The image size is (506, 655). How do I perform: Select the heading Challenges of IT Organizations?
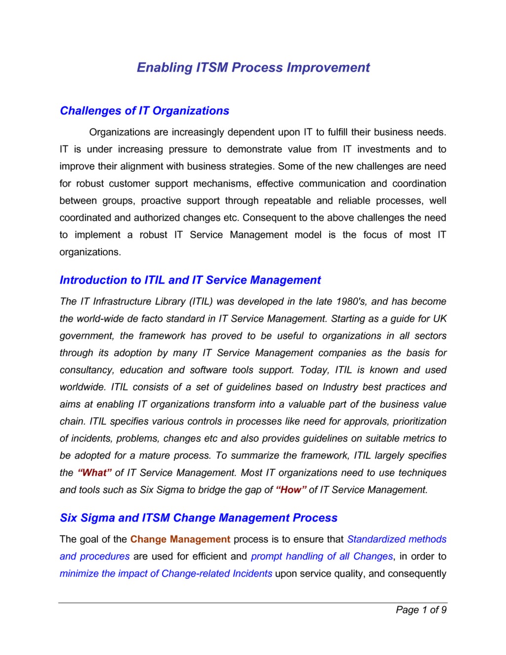(x=144, y=111)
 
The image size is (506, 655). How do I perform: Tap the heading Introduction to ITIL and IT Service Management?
(x=190, y=280)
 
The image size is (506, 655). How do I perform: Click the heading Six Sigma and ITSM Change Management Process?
(x=198, y=518)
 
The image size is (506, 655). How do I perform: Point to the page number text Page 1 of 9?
(x=421, y=610)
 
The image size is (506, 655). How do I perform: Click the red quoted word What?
(x=95, y=473)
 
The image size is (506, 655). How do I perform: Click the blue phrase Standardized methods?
(x=396, y=539)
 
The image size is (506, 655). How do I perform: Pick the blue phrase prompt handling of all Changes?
(x=322, y=557)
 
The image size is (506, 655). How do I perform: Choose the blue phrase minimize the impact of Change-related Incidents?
(x=166, y=573)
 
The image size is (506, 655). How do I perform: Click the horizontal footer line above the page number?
(x=253, y=603)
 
